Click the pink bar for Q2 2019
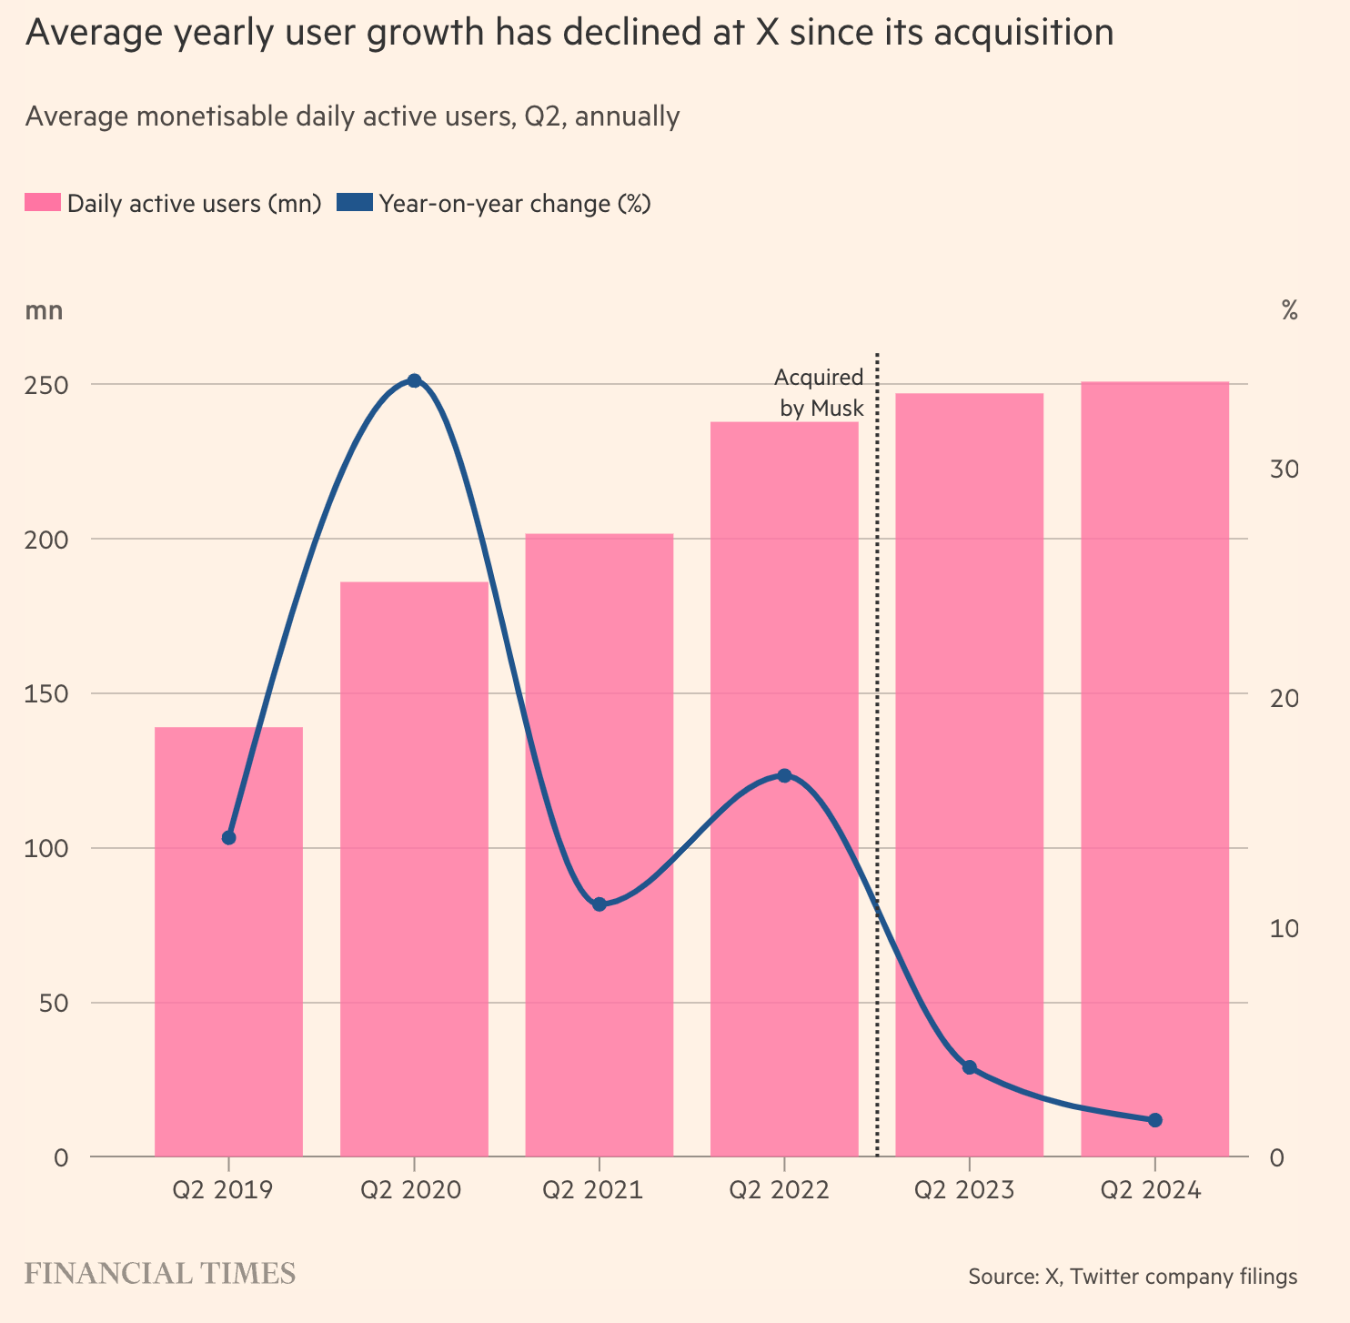228,942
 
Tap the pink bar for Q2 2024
1154,769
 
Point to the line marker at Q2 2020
414,380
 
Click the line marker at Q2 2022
784,775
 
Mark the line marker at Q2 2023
969,1067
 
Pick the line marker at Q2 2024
1154,1120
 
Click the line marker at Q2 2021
599,904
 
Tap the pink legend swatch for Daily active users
43,203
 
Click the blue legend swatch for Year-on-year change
355,203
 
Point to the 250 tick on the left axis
48,385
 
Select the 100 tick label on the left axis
48,849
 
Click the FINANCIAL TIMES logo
160,1274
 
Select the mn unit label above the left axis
44,310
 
